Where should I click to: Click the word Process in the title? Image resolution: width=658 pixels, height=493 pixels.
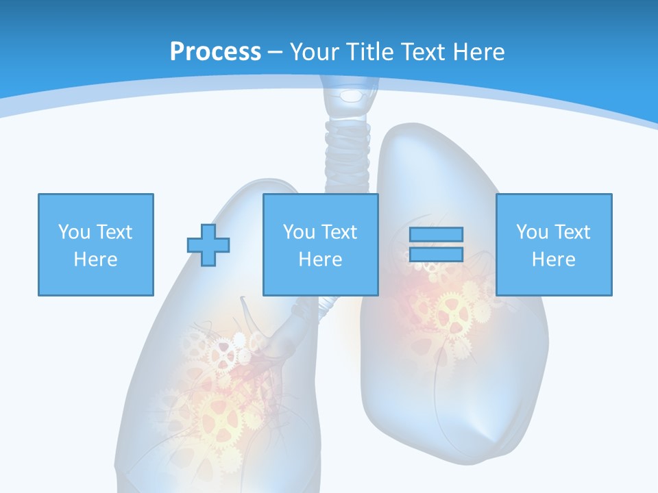pos(215,52)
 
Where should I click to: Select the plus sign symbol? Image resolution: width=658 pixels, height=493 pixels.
pos(208,244)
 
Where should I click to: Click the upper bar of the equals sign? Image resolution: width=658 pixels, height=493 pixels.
pos(436,234)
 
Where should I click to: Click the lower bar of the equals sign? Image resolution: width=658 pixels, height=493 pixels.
pos(436,255)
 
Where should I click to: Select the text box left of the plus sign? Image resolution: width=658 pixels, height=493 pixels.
pos(96,244)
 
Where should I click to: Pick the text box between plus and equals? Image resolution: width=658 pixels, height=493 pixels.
pos(321,244)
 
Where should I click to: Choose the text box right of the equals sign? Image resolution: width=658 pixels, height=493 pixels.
pos(554,244)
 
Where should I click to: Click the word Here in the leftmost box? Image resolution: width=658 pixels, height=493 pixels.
pos(96,260)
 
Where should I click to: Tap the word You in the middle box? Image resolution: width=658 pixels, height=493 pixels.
pos(299,232)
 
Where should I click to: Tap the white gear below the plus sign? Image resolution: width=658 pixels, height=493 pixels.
pos(223,353)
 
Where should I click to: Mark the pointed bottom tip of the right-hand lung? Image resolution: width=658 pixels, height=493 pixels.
pos(491,439)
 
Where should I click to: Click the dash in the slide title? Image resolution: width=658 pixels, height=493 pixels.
pos(275,52)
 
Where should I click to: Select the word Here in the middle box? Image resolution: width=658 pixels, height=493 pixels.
pos(321,260)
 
